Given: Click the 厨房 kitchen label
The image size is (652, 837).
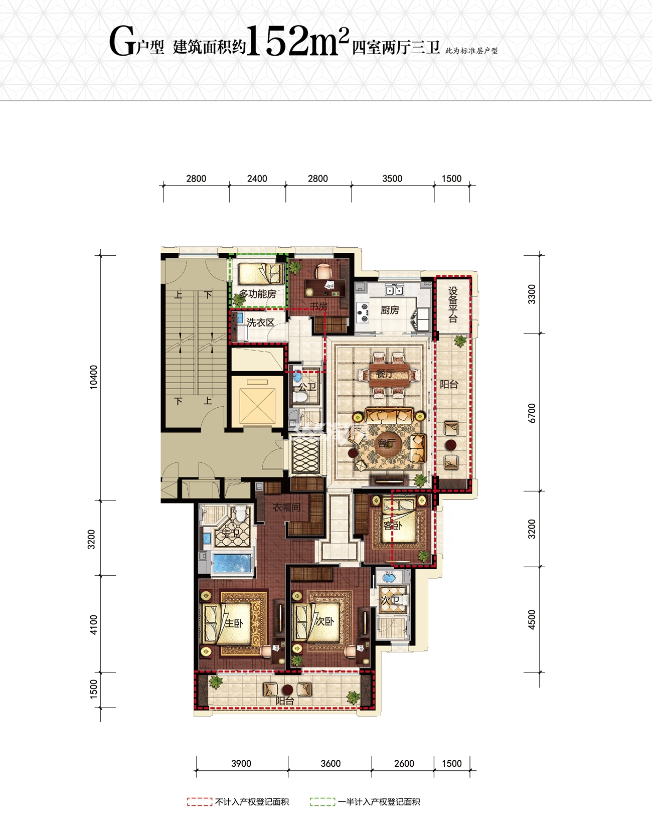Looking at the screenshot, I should [390, 310].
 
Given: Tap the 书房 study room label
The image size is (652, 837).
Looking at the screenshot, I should [318, 306].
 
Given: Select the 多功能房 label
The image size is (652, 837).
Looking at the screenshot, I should [257, 294].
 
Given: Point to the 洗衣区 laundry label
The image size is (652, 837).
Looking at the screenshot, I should [260, 323].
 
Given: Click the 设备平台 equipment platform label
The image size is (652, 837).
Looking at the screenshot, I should [453, 304].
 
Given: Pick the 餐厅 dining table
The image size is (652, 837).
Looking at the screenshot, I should [389, 375].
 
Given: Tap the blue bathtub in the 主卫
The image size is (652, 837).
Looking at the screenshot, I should [231, 563].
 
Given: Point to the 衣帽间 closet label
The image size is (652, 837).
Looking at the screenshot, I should [287, 507].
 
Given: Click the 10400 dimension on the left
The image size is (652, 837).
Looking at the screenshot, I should [94, 377].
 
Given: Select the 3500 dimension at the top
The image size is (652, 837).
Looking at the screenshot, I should [392, 179].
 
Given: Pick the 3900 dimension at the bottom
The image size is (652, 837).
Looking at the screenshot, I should [241, 764].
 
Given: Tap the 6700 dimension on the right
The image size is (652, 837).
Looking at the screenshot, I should [532, 413].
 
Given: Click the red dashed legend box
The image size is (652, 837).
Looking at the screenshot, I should [200, 802].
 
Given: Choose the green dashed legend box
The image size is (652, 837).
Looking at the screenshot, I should [322, 802].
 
